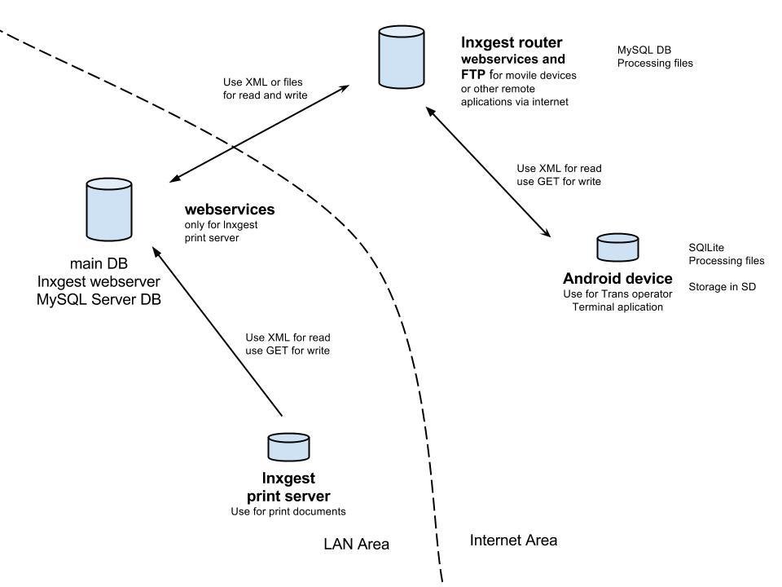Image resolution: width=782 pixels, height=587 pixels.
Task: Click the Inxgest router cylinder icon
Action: [x=402, y=56]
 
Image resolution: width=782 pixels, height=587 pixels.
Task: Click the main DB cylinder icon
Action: [x=109, y=211]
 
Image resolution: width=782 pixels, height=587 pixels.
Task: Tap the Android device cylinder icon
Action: [x=617, y=248]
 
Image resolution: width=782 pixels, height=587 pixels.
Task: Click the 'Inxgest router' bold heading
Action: [x=512, y=42]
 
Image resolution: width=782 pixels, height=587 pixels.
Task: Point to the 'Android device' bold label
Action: [x=617, y=279]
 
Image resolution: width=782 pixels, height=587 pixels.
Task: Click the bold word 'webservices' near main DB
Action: [x=230, y=210]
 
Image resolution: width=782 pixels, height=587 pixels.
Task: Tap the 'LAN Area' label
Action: [x=356, y=544]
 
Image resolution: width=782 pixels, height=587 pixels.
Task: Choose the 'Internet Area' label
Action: [x=513, y=540]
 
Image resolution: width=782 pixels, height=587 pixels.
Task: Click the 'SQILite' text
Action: [x=706, y=247]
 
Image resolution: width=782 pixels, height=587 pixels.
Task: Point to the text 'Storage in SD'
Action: [x=723, y=286]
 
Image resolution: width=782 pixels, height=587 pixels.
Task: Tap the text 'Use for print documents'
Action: [x=288, y=512]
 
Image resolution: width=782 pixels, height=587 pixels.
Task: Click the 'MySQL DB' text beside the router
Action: [x=644, y=50]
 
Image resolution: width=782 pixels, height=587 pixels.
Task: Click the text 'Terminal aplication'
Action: [x=617, y=307]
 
